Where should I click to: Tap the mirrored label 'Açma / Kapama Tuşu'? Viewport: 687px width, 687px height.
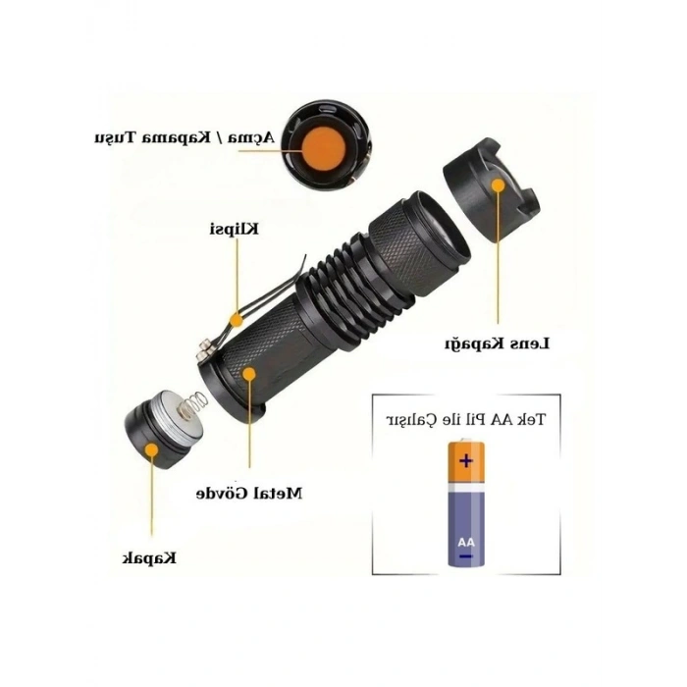click(x=185, y=137)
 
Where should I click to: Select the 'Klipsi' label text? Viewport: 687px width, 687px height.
click(x=234, y=229)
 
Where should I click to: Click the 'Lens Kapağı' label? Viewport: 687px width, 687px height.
click(x=498, y=343)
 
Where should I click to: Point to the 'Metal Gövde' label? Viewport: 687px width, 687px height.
click(x=249, y=494)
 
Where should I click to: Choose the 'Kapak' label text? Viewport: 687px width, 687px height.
click(x=149, y=558)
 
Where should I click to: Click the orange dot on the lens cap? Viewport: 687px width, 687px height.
click(x=498, y=185)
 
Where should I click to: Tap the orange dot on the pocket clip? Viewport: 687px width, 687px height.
click(x=237, y=320)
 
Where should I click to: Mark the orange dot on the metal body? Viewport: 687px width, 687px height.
click(x=249, y=374)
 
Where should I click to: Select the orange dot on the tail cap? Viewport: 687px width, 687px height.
click(x=151, y=449)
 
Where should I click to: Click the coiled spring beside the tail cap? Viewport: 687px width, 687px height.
click(x=192, y=403)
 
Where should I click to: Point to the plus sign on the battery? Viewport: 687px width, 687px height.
click(x=466, y=461)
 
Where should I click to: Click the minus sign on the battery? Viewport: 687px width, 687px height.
click(x=466, y=556)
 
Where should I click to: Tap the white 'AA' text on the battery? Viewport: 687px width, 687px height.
click(x=466, y=543)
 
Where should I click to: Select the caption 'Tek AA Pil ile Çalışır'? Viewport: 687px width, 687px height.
click(x=466, y=419)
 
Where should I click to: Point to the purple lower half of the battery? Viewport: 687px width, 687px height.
click(x=466, y=528)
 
